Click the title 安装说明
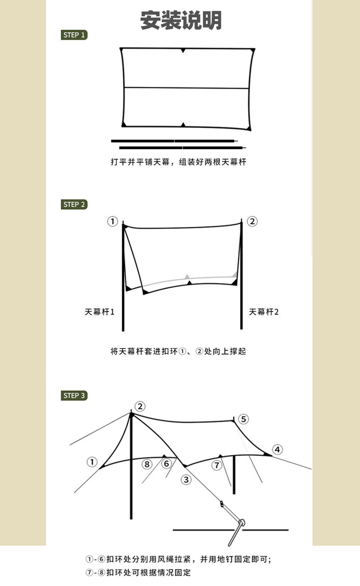click(180, 21)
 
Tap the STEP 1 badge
click(74, 35)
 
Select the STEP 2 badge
click(74, 204)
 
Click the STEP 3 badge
click(74, 395)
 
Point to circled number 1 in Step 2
click(112, 221)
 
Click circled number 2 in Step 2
click(252, 221)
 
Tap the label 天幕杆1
click(100, 312)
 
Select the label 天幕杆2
click(264, 312)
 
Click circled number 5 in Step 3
click(243, 419)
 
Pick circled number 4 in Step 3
click(277, 450)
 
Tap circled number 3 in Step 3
click(186, 479)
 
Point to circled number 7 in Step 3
click(217, 465)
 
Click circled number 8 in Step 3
click(147, 464)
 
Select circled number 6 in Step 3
click(166, 464)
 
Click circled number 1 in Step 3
click(92, 462)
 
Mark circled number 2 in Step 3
click(140, 407)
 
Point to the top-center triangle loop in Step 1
click(183, 50)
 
